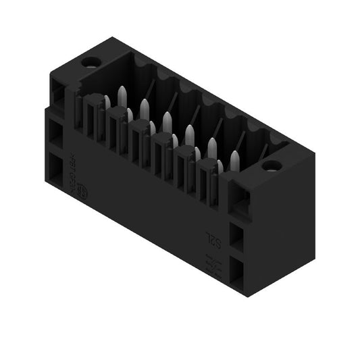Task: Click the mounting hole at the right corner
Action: [x=271, y=165]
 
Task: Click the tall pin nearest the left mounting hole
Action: [x=122, y=96]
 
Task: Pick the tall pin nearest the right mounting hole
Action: [x=234, y=161]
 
